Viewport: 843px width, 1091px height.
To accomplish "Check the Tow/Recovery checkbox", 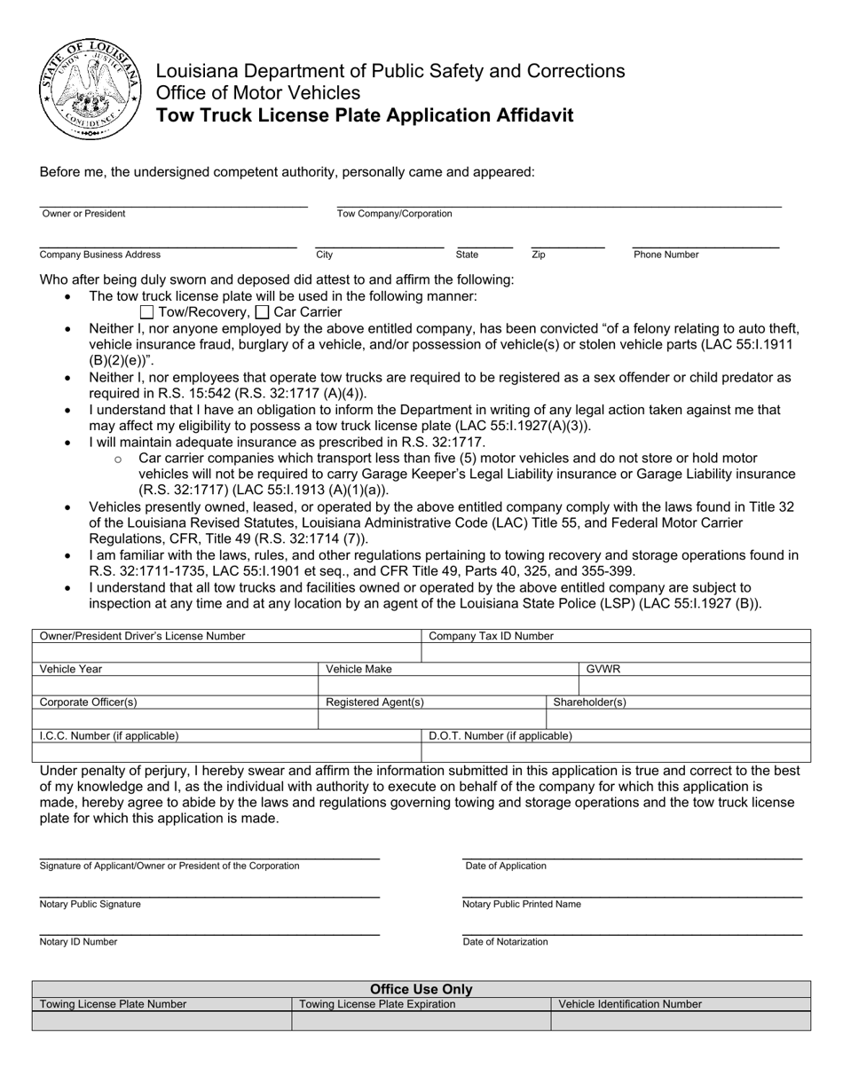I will coord(147,312).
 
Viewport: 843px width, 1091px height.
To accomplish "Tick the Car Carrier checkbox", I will coord(262,312).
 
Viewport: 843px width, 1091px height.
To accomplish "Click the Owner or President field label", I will coord(83,214).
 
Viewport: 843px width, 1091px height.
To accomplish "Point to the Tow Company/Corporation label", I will coord(394,214).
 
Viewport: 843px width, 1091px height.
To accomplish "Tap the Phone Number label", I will coord(666,255).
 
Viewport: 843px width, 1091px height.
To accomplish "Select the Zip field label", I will coord(539,255).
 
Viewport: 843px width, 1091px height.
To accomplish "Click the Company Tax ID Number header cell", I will coord(491,636).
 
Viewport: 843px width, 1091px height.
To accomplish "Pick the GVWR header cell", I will coord(603,669).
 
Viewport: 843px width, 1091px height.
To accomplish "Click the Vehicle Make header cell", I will coord(358,669).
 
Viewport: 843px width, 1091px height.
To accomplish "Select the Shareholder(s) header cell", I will coord(589,702).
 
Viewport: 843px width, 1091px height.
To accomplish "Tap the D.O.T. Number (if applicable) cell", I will coord(500,735).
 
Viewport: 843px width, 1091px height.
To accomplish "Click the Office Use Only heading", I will coord(421,989).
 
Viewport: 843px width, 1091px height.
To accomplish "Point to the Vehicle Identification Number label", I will coord(629,1004).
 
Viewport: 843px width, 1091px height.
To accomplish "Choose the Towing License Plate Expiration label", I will coord(377,1004).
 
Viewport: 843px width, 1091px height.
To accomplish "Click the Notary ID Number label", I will coord(78,942).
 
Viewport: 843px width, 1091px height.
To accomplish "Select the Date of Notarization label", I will coord(505,942).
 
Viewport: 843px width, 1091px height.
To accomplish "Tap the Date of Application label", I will coord(506,866).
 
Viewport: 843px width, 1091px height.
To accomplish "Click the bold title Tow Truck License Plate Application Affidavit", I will coord(365,115).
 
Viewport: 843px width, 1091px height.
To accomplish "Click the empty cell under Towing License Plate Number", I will coord(162,1021).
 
